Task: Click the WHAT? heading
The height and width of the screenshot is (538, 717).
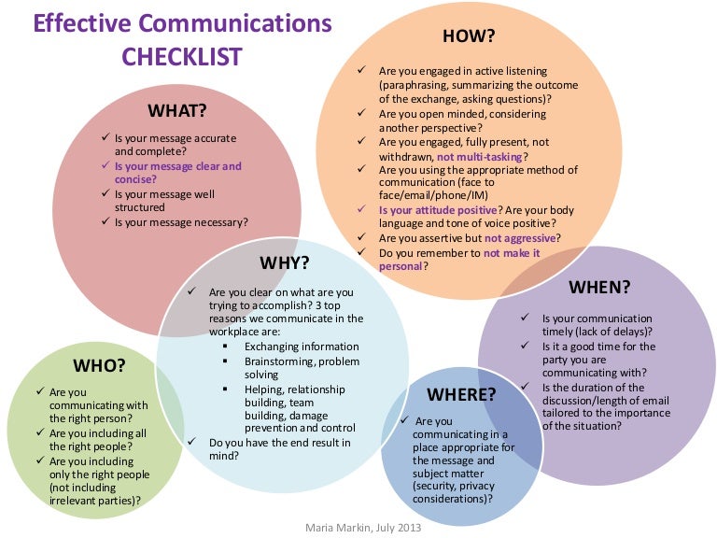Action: coord(177,110)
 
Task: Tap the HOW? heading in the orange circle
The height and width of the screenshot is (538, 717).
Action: coord(468,36)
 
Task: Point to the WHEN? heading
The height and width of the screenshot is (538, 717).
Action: coord(599,286)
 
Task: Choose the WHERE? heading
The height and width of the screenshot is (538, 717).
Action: coord(460,393)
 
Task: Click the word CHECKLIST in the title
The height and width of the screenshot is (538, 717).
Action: coord(182,56)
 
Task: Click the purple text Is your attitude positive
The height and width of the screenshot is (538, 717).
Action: coord(437,211)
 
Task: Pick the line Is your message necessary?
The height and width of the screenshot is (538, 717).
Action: coord(181,222)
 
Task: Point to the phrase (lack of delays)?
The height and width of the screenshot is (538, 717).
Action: coord(607,333)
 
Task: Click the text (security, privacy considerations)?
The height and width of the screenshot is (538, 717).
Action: coord(456,493)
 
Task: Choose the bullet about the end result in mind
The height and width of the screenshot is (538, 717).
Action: coord(280,449)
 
